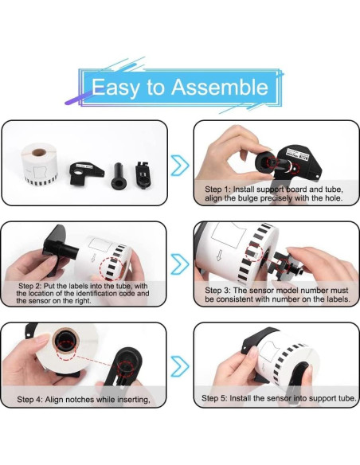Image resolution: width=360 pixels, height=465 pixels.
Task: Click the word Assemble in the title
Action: pos(220,87)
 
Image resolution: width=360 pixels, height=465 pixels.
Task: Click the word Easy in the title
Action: pos(115,88)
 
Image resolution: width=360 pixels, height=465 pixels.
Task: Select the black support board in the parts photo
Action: pos(86,174)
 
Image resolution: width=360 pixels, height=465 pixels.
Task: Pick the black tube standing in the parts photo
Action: pos(119,177)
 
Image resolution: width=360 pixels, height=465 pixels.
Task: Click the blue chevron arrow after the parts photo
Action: pos(180,165)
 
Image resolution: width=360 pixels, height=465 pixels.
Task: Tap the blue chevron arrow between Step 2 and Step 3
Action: pos(180,264)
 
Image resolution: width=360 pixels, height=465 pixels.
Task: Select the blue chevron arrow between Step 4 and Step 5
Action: pos(180,366)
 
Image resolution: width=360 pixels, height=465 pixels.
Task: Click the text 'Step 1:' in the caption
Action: pos(217,190)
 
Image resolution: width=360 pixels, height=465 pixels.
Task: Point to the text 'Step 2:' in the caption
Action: pos(29,286)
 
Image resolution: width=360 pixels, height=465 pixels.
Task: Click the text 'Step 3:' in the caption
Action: pos(217,291)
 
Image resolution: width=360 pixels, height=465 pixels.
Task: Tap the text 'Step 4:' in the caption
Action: pos(29,400)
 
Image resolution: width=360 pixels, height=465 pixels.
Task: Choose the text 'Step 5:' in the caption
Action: pos(214,398)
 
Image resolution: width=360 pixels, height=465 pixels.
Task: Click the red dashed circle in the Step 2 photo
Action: pos(112,269)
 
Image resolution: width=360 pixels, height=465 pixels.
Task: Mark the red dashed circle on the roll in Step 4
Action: pos(67,350)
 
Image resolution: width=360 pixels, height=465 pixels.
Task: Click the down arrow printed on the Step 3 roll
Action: pos(220,255)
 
